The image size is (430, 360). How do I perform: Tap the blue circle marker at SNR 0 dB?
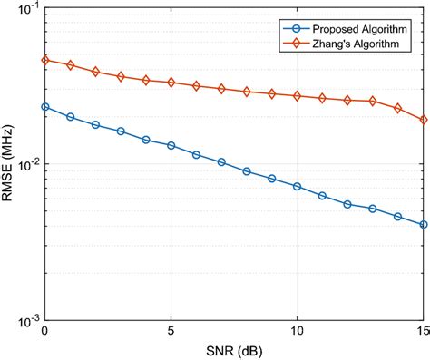pos(45,106)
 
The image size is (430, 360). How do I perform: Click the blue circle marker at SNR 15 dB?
pos(423,225)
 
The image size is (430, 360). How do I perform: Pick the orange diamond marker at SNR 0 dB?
pos(45,60)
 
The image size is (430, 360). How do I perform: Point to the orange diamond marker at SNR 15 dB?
pos(423,120)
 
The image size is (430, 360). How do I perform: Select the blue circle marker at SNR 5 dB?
pos(171,145)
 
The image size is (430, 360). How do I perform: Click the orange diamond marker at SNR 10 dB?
pos(298,95)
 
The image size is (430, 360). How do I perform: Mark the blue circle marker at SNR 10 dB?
pos(298,186)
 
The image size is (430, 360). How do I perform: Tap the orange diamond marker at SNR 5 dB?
pos(171,83)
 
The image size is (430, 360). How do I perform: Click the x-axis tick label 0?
pos(45,333)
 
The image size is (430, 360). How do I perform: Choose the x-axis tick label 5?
pos(171,333)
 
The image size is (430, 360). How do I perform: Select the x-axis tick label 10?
pos(298,333)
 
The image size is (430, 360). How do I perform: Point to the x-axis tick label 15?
pos(422,333)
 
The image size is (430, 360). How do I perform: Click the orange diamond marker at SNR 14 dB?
pos(397,109)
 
